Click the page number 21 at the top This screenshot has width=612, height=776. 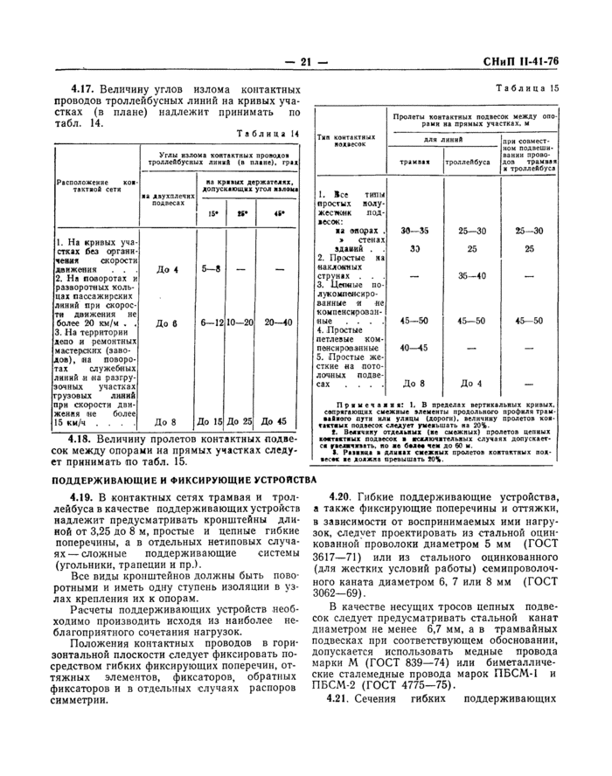point(306,61)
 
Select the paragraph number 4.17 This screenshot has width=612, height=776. point(84,89)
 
